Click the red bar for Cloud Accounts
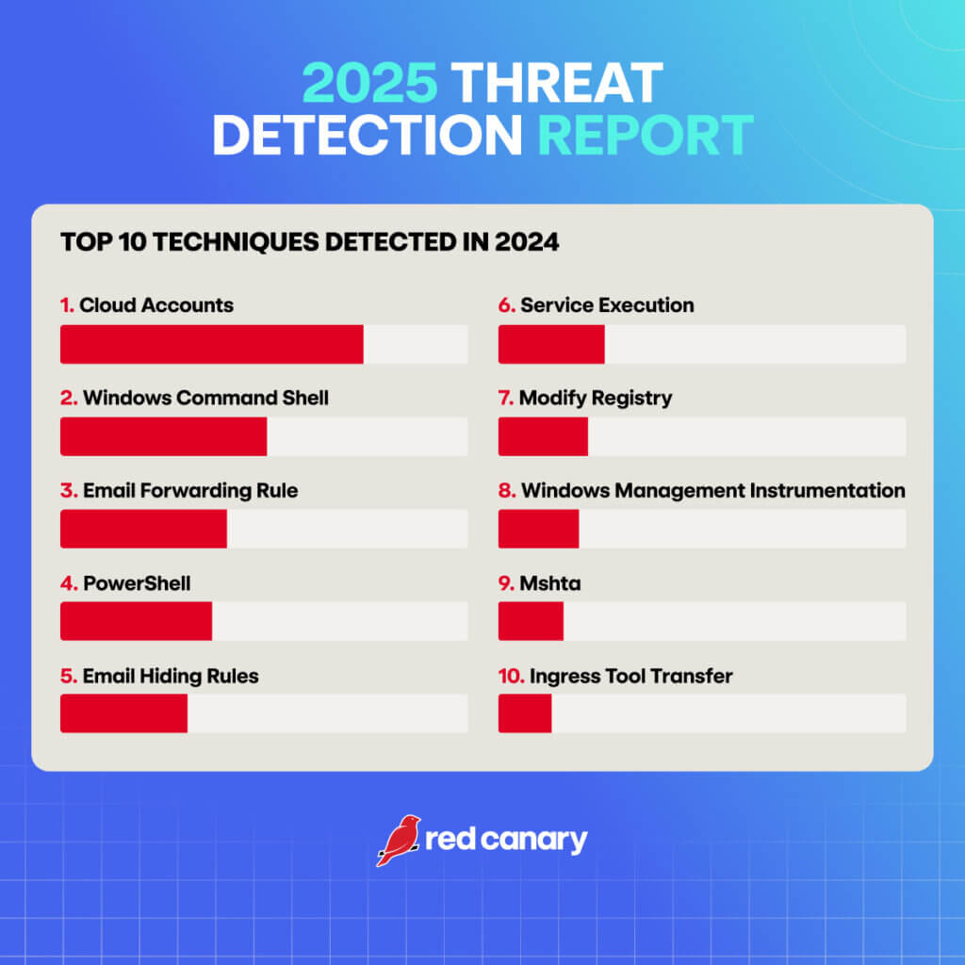[212, 344]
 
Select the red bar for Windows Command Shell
[164, 436]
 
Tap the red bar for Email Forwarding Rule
[143, 529]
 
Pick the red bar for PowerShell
[136, 621]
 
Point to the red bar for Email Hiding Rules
[123, 713]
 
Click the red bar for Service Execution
[551, 344]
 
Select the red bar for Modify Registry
[543, 436]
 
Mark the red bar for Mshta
[531, 621]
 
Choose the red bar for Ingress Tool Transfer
[525, 713]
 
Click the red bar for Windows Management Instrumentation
[538, 529]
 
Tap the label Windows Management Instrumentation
[712, 490]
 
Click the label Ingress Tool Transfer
[630, 676]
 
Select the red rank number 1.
[66, 305]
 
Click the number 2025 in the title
[369, 86]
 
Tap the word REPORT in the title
[646, 136]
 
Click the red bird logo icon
[398, 840]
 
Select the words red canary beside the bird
[506, 840]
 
